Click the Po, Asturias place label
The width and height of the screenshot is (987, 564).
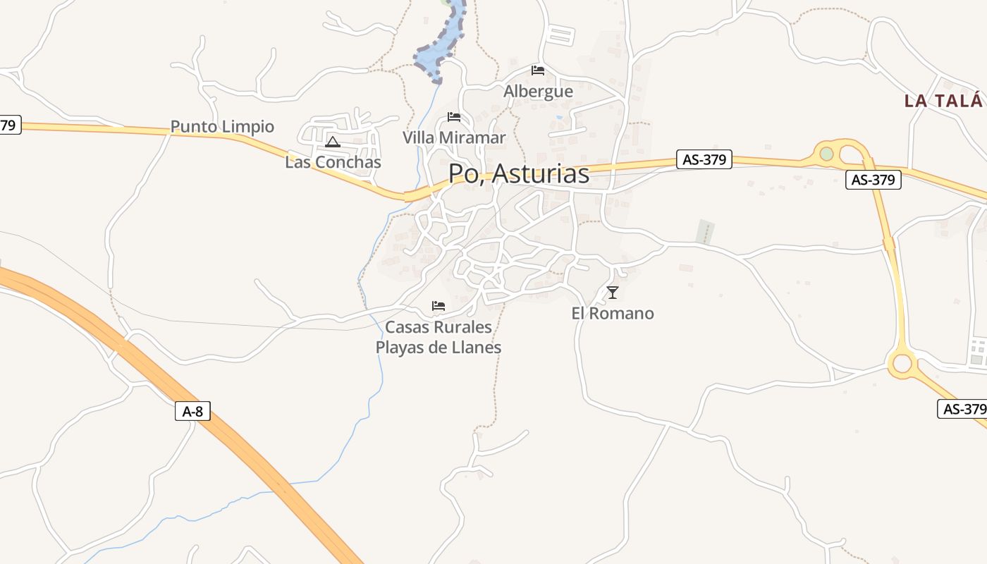tap(519, 173)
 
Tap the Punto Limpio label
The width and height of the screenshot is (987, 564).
tap(222, 127)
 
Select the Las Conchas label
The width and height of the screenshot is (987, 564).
tap(333, 162)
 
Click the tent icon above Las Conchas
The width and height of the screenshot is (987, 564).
tap(333, 142)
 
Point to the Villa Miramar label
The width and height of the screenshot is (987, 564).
tap(454, 137)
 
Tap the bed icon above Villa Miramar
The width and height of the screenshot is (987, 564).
tap(454, 117)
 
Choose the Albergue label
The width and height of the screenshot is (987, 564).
tap(538, 92)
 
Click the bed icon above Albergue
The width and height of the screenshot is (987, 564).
tap(538, 70)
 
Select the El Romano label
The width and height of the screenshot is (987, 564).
tap(613, 314)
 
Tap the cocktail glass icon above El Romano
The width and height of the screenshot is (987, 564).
tap(613, 293)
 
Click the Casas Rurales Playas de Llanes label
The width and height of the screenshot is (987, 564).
tap(439, 338)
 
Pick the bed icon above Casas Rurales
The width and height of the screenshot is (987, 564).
tap(439, 306)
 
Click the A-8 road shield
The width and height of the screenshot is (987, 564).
tap(192, 411)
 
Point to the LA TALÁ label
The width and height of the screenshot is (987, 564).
tap(943, 101)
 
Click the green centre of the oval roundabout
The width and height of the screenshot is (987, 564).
tap(826, 153)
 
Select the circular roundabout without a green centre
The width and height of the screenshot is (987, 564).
tap(902, 364)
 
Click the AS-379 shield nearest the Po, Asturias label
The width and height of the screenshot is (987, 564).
tap(704, 159)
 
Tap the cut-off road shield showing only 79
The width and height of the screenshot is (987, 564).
tap(8, 125)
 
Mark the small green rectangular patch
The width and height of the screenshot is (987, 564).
tap(705, 231)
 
